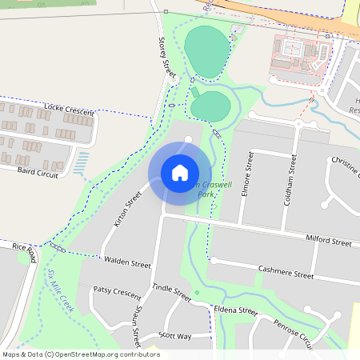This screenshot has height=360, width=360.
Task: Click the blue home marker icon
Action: (x=180, y=172)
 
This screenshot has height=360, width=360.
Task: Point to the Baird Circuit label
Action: (x=38, y=171)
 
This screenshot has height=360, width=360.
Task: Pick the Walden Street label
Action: (x=126, y=262)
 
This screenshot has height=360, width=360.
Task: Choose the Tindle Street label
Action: (x=172, y=290)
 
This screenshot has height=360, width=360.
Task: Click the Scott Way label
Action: (x=175, y=336)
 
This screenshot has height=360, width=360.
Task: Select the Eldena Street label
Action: (x=235, y=310)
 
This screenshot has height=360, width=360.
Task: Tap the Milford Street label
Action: (x=328, y=241)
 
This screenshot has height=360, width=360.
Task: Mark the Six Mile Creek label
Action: (x=60, y=291)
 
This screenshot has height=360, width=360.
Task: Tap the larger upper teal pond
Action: (x=206, y=52)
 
